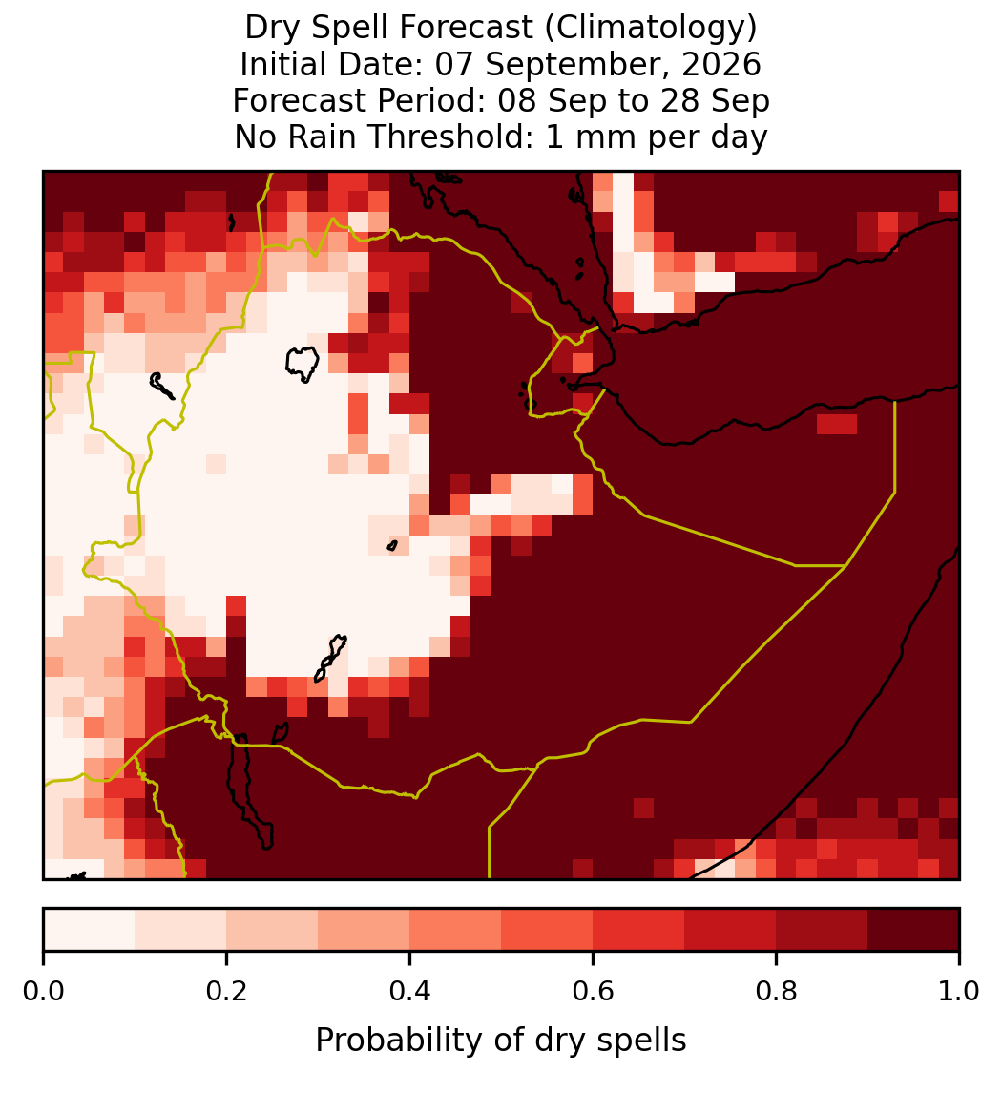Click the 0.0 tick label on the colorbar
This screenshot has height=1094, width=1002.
(43, 992)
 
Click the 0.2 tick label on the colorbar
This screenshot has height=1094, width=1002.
(226, 992)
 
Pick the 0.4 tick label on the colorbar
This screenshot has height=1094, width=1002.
(410, 992)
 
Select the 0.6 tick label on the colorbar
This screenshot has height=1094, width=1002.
(593, 992)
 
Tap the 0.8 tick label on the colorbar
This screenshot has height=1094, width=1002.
(776, 992)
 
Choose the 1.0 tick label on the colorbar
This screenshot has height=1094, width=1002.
(959, 992)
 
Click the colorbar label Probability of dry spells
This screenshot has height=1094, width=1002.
(501, 1041)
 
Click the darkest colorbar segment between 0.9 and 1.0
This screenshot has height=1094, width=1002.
(913, 930)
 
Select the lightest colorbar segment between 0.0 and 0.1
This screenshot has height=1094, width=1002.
(90, 930)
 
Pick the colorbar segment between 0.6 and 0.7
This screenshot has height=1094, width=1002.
(638, 930)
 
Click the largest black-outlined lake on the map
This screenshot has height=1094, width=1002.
(302, 364)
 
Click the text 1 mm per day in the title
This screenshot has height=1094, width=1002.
(657, 137)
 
